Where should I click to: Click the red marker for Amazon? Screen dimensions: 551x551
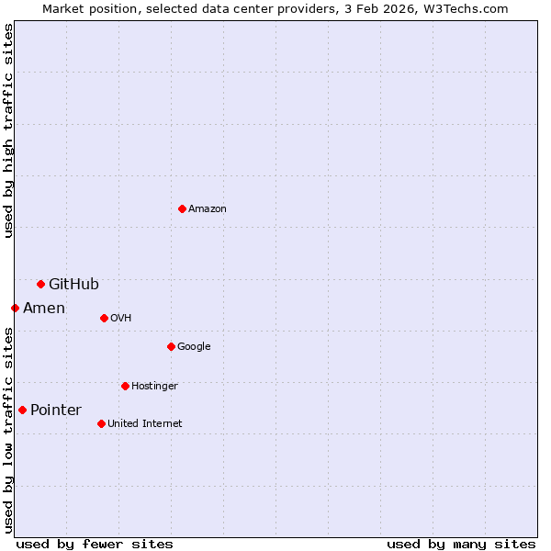tap(182, 208)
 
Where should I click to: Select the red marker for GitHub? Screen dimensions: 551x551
tap(40, 284)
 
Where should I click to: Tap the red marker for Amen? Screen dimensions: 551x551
tap(15, 308)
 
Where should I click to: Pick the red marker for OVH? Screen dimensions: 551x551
tap(104, 318)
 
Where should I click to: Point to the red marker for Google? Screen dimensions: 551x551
tap(171, 346)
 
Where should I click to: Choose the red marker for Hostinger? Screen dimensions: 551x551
tap(125, 386)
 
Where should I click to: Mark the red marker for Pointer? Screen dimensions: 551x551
tap(22, 410)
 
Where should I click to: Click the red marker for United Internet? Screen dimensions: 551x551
tap(101, 423)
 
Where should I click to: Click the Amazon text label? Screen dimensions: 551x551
tap(208, 209)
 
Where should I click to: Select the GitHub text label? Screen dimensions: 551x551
tap(73, 284)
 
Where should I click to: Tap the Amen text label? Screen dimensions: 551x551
tap(44, 309)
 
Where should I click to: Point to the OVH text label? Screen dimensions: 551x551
tap(120, 319)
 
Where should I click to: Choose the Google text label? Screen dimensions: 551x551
tap(194, 347)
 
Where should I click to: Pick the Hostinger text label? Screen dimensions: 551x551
tap(154, 387)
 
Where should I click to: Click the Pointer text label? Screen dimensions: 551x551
tap(56, 410)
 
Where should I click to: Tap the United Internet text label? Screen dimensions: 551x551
tap(144, 424)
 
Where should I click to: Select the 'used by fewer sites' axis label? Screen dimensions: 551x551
tap(95, 544)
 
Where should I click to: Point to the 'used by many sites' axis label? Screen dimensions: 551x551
tap(461, 544)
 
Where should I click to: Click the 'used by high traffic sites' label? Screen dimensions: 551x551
tap(9, 130)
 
